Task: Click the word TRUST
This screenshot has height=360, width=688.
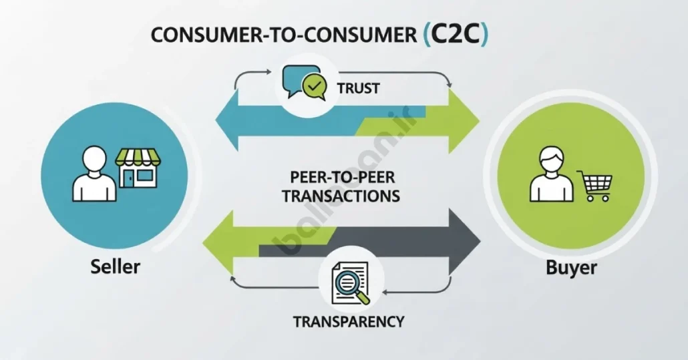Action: pos(358,88)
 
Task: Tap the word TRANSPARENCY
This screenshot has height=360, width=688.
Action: pos(349,321)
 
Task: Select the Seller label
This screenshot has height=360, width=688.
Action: pos(115,266)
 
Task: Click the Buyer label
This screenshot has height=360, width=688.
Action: pos(571,267)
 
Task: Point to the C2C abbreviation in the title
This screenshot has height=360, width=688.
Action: pos(456,35)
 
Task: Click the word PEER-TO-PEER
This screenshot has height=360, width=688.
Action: pos(342,177)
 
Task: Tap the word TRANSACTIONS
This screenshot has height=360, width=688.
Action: pos(341,196)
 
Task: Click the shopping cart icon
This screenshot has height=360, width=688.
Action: pos(594,185)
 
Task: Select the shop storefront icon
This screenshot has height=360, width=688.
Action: pos(138,168)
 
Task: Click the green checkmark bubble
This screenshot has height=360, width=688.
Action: pos(314,86)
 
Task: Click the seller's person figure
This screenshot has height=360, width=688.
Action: pos(94,174)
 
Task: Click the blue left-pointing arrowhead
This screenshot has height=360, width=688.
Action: pos(226,120)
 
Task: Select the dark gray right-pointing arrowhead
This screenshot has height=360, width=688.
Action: pos(465,241)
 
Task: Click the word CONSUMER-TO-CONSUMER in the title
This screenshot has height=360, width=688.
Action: pos(283,35)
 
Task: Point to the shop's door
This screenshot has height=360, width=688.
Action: pos(128,178)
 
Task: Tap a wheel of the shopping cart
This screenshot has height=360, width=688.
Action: pos(590,198)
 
